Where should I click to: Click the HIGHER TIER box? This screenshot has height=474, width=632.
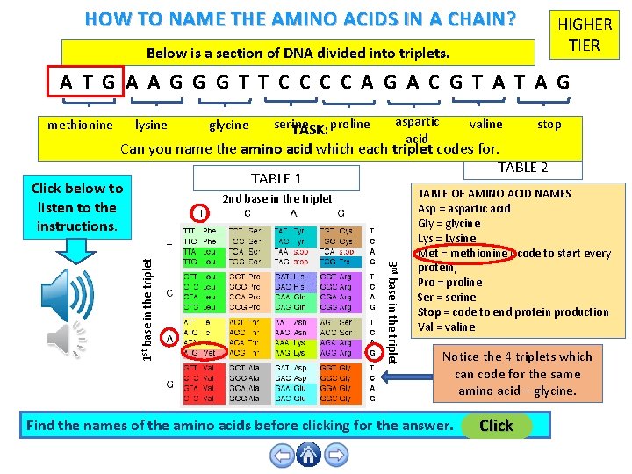[585, 36]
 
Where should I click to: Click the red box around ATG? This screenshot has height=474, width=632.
[87, 83]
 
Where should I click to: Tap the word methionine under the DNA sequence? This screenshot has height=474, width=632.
[80, 125]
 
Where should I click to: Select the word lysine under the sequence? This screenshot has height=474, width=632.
[151, 125]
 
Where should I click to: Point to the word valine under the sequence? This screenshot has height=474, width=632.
[486, 124]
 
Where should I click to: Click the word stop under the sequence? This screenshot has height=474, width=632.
[549, 124]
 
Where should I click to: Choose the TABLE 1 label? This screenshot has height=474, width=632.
[276, 178]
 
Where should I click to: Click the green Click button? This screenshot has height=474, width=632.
[496, 426]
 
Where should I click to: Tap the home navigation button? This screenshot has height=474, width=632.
[308, 455]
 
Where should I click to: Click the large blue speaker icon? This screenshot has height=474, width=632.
[69, 293]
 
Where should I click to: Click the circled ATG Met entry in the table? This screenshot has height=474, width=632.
[201, 352]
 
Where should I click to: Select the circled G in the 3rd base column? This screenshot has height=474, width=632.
[372, 352]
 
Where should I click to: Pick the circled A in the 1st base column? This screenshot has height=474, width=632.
[169, 338]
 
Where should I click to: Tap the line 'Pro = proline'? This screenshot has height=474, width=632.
[449, 282]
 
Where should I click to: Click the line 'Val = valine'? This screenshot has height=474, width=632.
[446, 327]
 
